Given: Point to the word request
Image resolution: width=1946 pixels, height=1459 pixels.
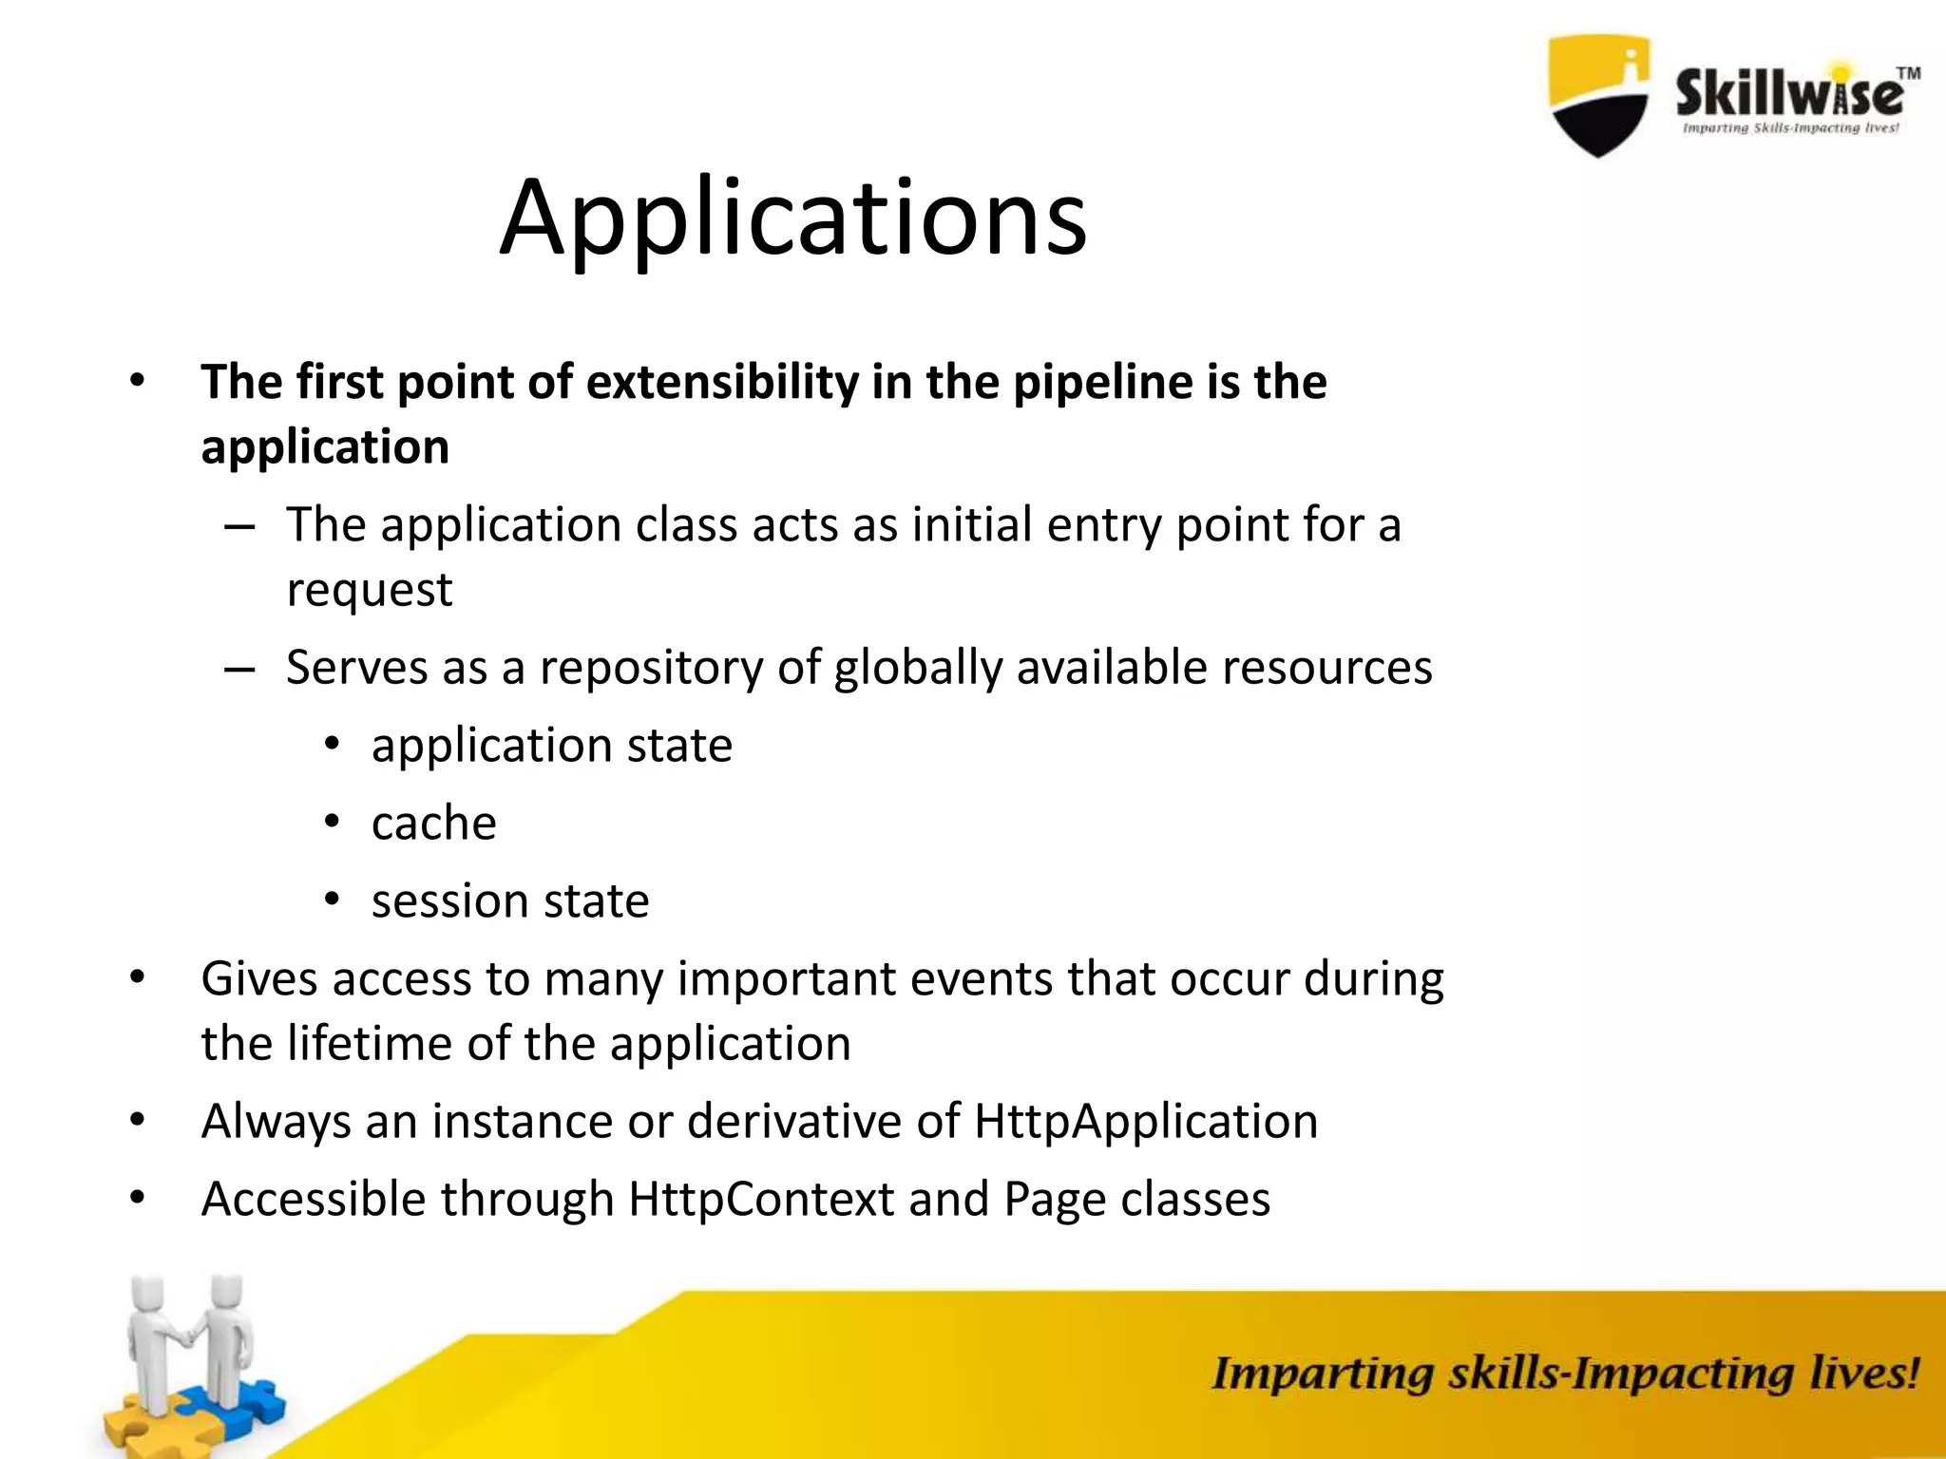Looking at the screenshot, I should [x=370, y=590].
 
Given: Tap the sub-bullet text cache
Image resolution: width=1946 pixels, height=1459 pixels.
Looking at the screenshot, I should [x=433, y=823].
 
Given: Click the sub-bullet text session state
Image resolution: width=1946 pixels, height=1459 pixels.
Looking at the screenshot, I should [x=510, y=900].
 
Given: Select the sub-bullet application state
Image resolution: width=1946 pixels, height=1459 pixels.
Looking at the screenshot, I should [x=552, y=745].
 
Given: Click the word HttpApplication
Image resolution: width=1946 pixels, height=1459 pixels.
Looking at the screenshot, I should [x=1146, y=1121].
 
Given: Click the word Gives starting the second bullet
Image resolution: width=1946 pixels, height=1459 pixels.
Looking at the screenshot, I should [x=258, y=978].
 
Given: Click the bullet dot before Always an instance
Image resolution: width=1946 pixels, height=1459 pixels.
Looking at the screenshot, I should [x=138, y=1121].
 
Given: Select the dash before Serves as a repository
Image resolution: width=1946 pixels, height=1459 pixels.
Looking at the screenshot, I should [x=239, y=669].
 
